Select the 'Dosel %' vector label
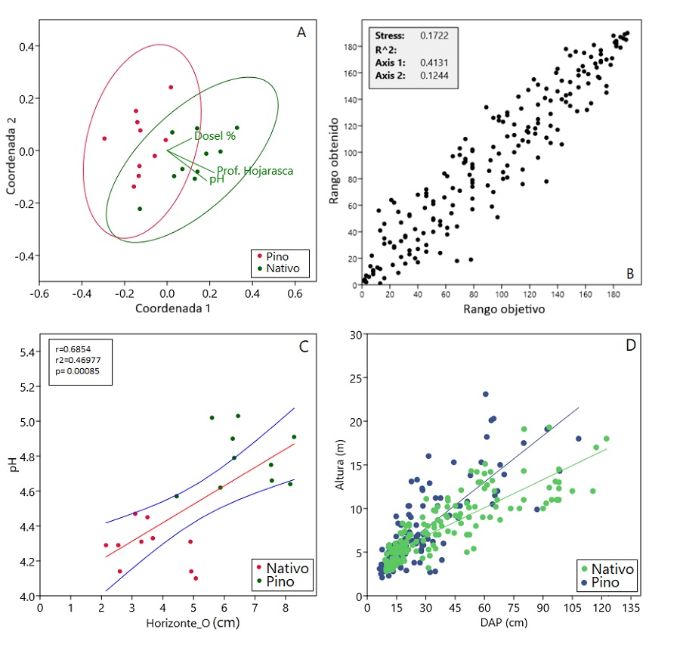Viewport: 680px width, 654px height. point(215,137)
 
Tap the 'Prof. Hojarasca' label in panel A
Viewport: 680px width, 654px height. point(255,171)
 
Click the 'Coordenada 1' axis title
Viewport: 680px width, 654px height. point(172,308)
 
